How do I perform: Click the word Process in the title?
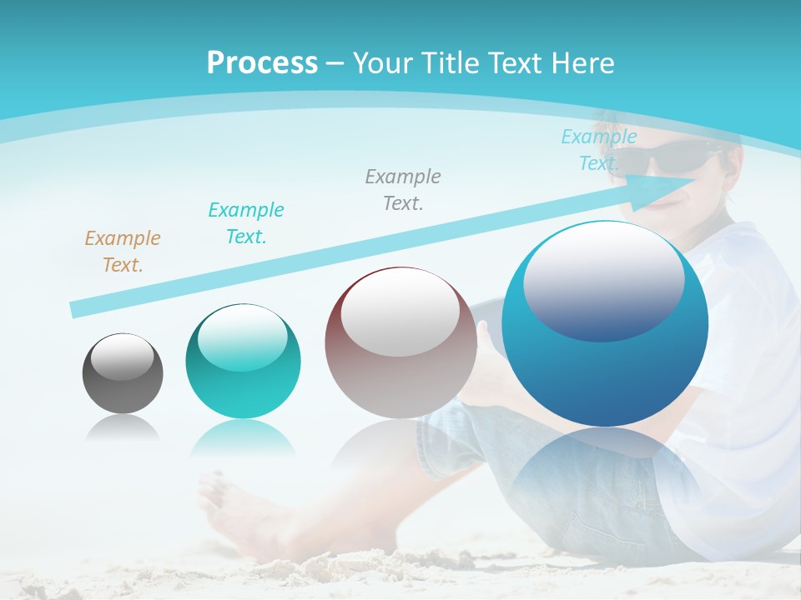[262, 63]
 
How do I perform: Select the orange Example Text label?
[123, 251]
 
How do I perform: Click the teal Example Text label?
[246, 222]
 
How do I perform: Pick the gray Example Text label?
[403, 189]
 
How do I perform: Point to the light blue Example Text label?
[598, 149]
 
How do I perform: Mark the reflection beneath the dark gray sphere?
[123, 427]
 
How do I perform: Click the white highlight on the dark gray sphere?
[123, 356]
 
